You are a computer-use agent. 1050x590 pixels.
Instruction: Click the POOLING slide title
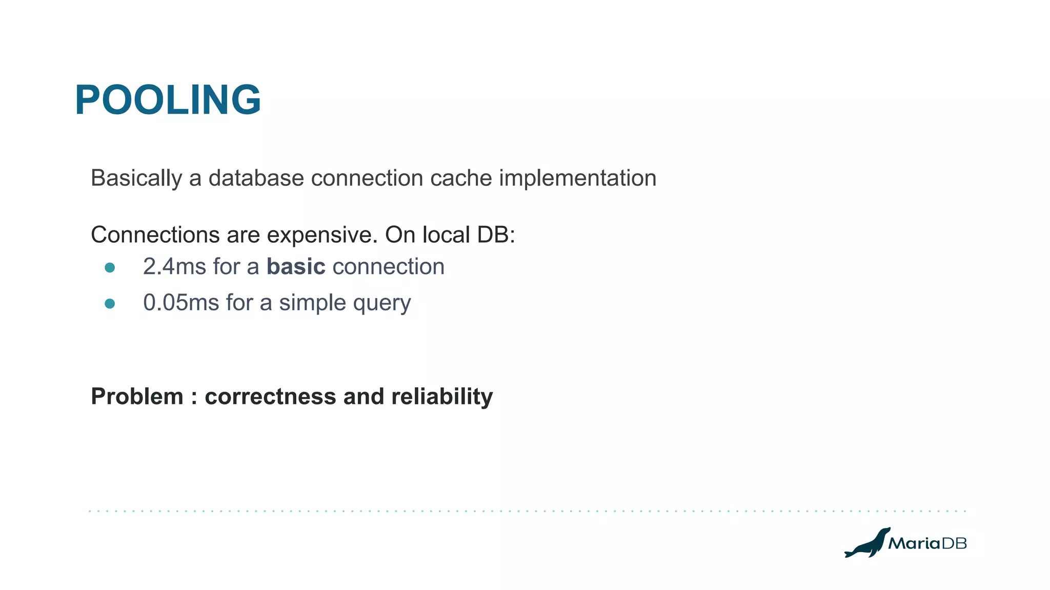point(168,100)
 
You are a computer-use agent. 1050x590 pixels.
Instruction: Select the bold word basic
point(296,267)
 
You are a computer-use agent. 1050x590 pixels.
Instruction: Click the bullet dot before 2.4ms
point(110,268)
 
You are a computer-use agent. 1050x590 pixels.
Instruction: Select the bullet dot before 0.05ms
point(110,304)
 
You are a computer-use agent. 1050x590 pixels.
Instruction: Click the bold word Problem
point(137,397)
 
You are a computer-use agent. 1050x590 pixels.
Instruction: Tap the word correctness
point(270,397)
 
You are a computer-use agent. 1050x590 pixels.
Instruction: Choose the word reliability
point(441,397)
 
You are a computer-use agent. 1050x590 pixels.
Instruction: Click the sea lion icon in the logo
point(867,543)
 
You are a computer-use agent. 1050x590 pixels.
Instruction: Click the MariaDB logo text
point(927,543)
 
